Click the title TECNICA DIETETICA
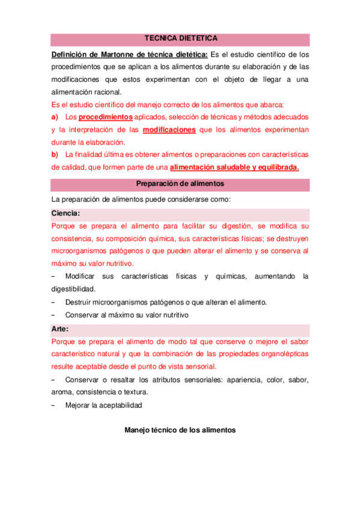coord(181,39)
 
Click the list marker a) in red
coord(55,117)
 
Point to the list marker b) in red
coord(55,155)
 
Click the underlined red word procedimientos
coord(106,117)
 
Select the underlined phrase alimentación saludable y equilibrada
coord(234,168)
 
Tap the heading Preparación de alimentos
coord(181,183)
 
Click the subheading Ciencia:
coord(66,213)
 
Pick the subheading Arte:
coord(60,329)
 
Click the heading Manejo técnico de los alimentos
coord(180,431)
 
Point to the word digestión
coord(236,226)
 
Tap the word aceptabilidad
coord(121,405)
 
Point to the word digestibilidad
coord(75,289)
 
